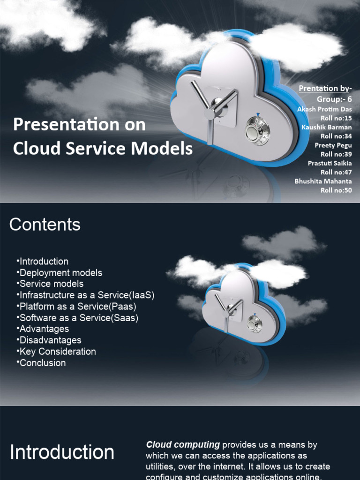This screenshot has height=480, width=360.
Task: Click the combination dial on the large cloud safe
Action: [257, 132]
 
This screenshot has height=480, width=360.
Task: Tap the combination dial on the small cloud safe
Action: [255, 324]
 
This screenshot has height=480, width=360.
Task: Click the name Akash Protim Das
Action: [324, 109]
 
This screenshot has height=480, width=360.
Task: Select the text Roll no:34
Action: [336, 136]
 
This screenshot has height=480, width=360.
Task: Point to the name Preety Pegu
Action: [333, 145]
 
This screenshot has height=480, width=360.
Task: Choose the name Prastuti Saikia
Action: [330, 163]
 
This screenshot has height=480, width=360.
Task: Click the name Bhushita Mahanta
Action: [323, 181]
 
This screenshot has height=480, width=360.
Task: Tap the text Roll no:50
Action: [336, 190]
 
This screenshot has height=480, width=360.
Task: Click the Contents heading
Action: [45, 225]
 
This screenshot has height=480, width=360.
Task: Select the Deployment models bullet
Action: [60, 272]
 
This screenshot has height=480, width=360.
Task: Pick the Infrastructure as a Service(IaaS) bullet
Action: [86, 295]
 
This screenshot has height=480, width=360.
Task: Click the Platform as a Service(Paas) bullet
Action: [78, 306]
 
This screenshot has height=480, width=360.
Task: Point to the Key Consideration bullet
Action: [57, 351]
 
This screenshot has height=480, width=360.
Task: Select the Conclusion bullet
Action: [42, 362]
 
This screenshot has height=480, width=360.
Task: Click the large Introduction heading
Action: [62, 452]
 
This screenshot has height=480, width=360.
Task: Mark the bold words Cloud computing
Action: [183, 444]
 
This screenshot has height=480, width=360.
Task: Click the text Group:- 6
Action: [334, 99]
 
